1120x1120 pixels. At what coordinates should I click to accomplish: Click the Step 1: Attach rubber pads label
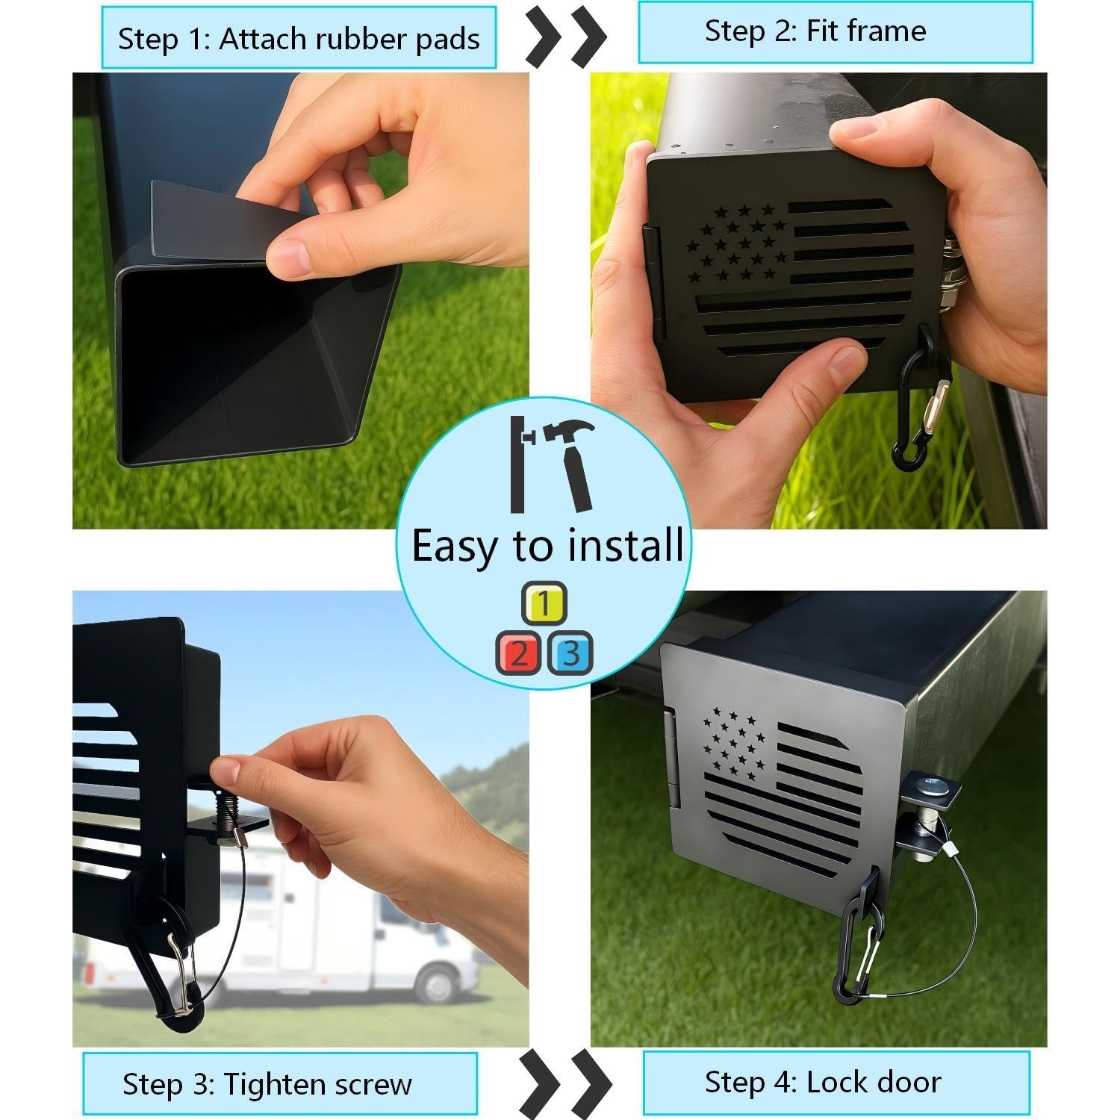pyautogui.click(x=299, y=38)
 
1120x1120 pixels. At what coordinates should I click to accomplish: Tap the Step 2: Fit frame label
pyautogui.click(x=835, y=31)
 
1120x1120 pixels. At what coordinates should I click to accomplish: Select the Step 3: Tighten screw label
pyautogui.click(x=279, y=1083)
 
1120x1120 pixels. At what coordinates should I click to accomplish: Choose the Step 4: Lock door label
pyautogui.click(x=836, y=1082)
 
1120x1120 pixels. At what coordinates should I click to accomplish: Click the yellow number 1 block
pyautogui.click(x=544, y=604)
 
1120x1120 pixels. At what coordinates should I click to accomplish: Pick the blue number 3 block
pyautogui.click(x=570, y=653)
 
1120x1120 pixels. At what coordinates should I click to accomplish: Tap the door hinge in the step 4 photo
pyautogui.click(x=672, y=758)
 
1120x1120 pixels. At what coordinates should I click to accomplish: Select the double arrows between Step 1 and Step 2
pyautogui.click(x=566, y=35)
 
